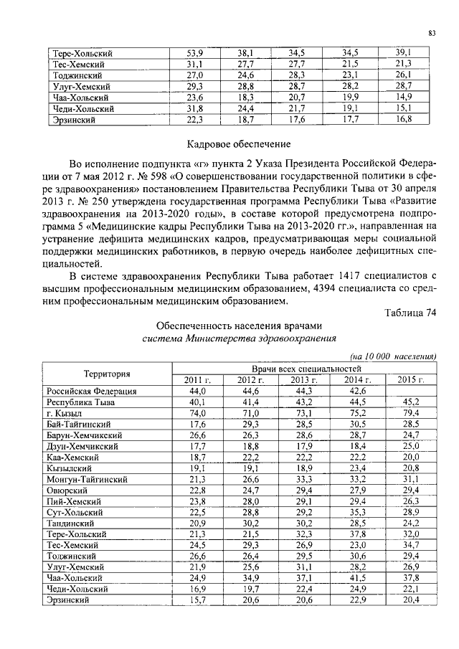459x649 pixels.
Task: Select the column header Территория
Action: pyautogui.click(x=107, y=374)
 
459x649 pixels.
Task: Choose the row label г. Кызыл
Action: pyautogui.click(x=65, y=414)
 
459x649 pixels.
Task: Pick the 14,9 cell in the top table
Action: pyautogui.click(x=404, y=97)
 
